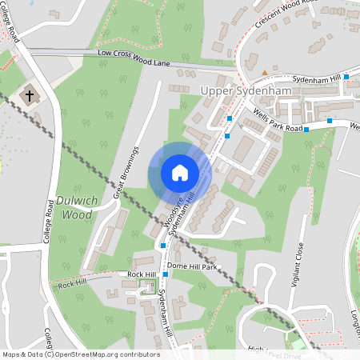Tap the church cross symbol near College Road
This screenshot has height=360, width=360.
(30, 96)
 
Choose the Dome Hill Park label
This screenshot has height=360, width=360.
(193, 266)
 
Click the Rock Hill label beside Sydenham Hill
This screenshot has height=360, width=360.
(142, 274)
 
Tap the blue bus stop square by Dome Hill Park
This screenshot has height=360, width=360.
(166, 274)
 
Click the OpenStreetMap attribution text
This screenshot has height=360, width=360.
(80, 354)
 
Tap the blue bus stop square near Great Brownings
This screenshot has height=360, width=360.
(163, 245)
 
